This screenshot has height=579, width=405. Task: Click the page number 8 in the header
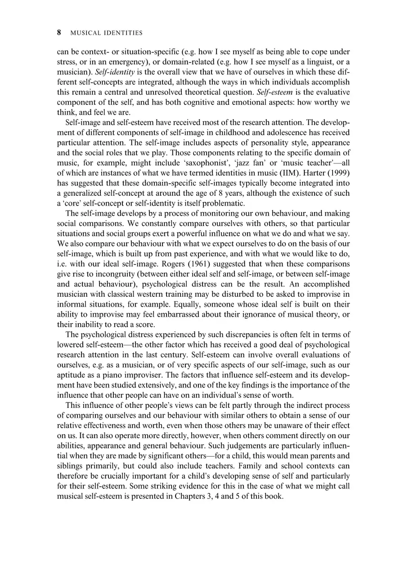[59, 32]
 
